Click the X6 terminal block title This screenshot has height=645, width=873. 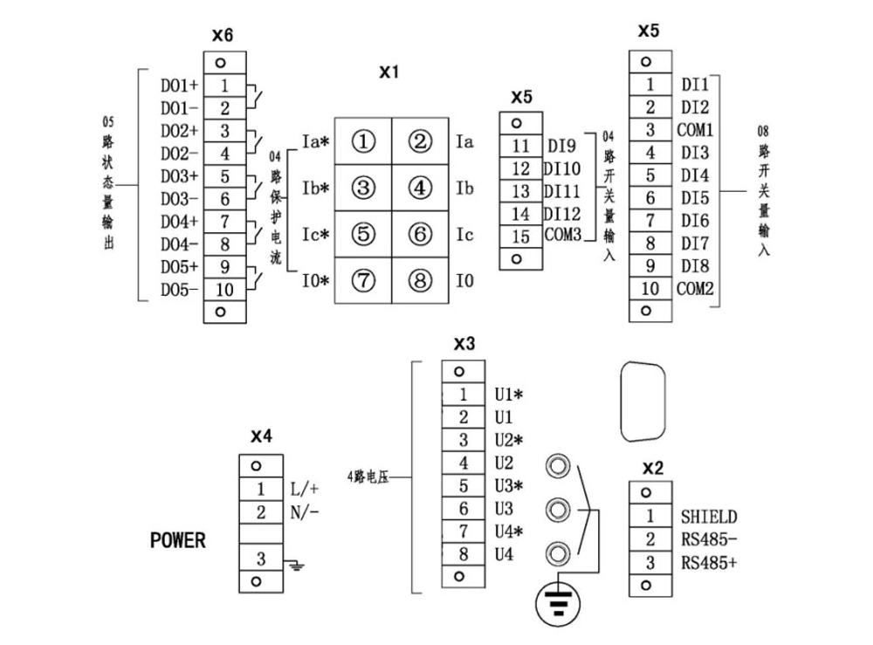tap(223, 36)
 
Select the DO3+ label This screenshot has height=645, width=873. tap(179, 177)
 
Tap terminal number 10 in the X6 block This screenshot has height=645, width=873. tap(223, 289)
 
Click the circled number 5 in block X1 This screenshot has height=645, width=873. tap(364, 234)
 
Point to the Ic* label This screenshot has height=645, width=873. tap(315, 235)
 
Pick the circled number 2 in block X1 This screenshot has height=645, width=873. tap(421, 141)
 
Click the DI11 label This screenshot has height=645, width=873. tap(563, 191)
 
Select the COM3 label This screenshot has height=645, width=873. tap(564, 236)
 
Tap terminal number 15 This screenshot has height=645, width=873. tap(520, 236)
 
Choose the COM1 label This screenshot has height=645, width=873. tap(695, 131)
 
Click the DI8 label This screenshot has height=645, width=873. tap(695, 265)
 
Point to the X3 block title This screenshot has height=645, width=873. tap(464, 344)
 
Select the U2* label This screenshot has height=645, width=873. tap(509, 440)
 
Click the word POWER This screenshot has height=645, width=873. tap(178, 540)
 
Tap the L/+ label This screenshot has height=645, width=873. tap(305, 489)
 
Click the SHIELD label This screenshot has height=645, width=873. tap(709, 518)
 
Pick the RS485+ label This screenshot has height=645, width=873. tap(709, 563)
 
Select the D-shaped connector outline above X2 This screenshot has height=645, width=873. tap(642, 402)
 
